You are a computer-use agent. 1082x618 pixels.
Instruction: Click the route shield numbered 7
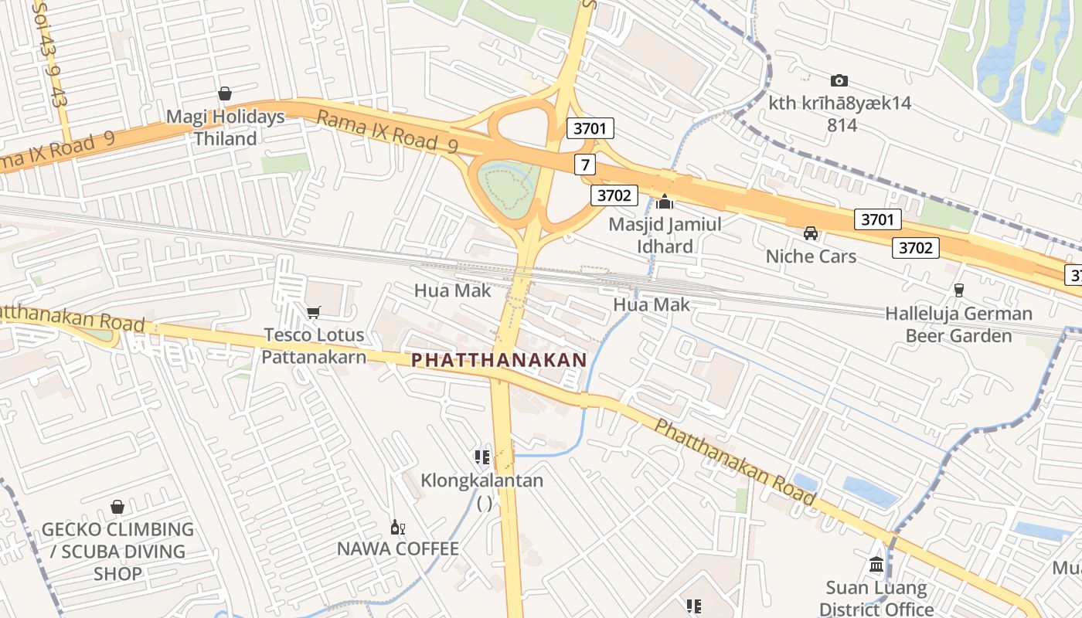585,164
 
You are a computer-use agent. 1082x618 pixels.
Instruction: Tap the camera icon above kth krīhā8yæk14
839,80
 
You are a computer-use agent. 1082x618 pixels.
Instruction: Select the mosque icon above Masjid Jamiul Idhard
665,202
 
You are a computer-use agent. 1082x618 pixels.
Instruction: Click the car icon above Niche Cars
811,233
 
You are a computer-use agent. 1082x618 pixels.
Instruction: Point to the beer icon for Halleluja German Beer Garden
958,290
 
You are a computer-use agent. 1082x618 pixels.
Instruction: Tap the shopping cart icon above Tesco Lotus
313,312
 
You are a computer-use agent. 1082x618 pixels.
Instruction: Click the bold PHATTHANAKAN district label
498,360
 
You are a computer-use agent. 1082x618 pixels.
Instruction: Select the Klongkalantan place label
481,480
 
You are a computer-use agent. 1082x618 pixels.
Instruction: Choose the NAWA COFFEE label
398,548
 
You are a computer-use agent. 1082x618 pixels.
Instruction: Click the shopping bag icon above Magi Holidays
225,94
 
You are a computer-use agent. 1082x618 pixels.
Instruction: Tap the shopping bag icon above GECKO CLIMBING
117,507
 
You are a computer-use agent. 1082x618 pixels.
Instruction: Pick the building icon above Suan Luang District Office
876,565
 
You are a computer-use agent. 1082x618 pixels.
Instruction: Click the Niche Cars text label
811,256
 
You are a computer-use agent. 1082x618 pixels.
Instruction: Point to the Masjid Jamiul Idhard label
665,235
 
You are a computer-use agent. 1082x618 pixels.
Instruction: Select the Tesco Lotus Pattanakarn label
313,345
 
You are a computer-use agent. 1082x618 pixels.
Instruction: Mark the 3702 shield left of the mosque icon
614,195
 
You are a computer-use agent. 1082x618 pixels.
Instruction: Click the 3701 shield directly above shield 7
590,128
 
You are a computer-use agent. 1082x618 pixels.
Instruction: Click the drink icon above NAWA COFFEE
398,528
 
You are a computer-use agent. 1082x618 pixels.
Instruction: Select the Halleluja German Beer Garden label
958,324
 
